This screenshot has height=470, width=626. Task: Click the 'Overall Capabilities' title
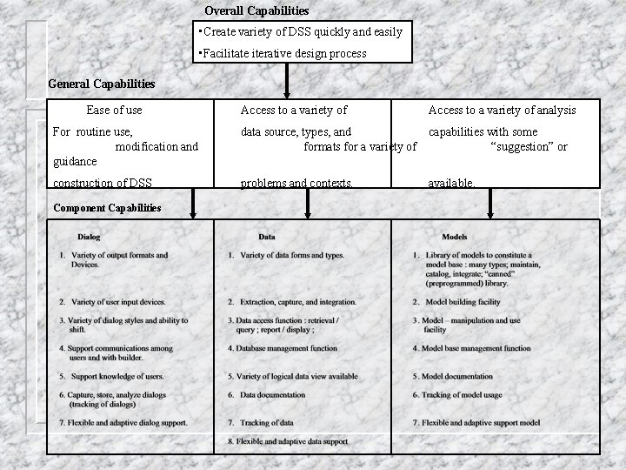pyautogui.click(x=256, y=11)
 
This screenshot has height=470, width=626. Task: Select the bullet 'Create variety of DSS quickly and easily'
pyautogui.click(x=302, y=32)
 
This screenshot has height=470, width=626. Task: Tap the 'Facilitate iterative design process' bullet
pyautogui.click(x=284, y=54)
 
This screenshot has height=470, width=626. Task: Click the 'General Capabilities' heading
pyautogui.click(x=102, y=84)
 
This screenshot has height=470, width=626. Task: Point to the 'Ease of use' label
pyautogui.click(x=114, y=111)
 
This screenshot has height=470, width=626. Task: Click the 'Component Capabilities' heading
pyautogui.click(x=107, y=208)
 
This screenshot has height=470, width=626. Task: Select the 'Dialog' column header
pyautogui.click(x=89, y=236)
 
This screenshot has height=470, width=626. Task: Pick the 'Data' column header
pyautogui.click(x=267, y=236)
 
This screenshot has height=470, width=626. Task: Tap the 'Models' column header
pyautogui.click(x=455, y=236)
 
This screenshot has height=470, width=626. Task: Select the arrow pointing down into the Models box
pyautogui.click(x=490, y=205)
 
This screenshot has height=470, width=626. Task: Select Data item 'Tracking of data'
pyautogui.click(x=266, y=423)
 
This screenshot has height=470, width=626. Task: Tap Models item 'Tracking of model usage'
pyautogui.click(x=469, y=394)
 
